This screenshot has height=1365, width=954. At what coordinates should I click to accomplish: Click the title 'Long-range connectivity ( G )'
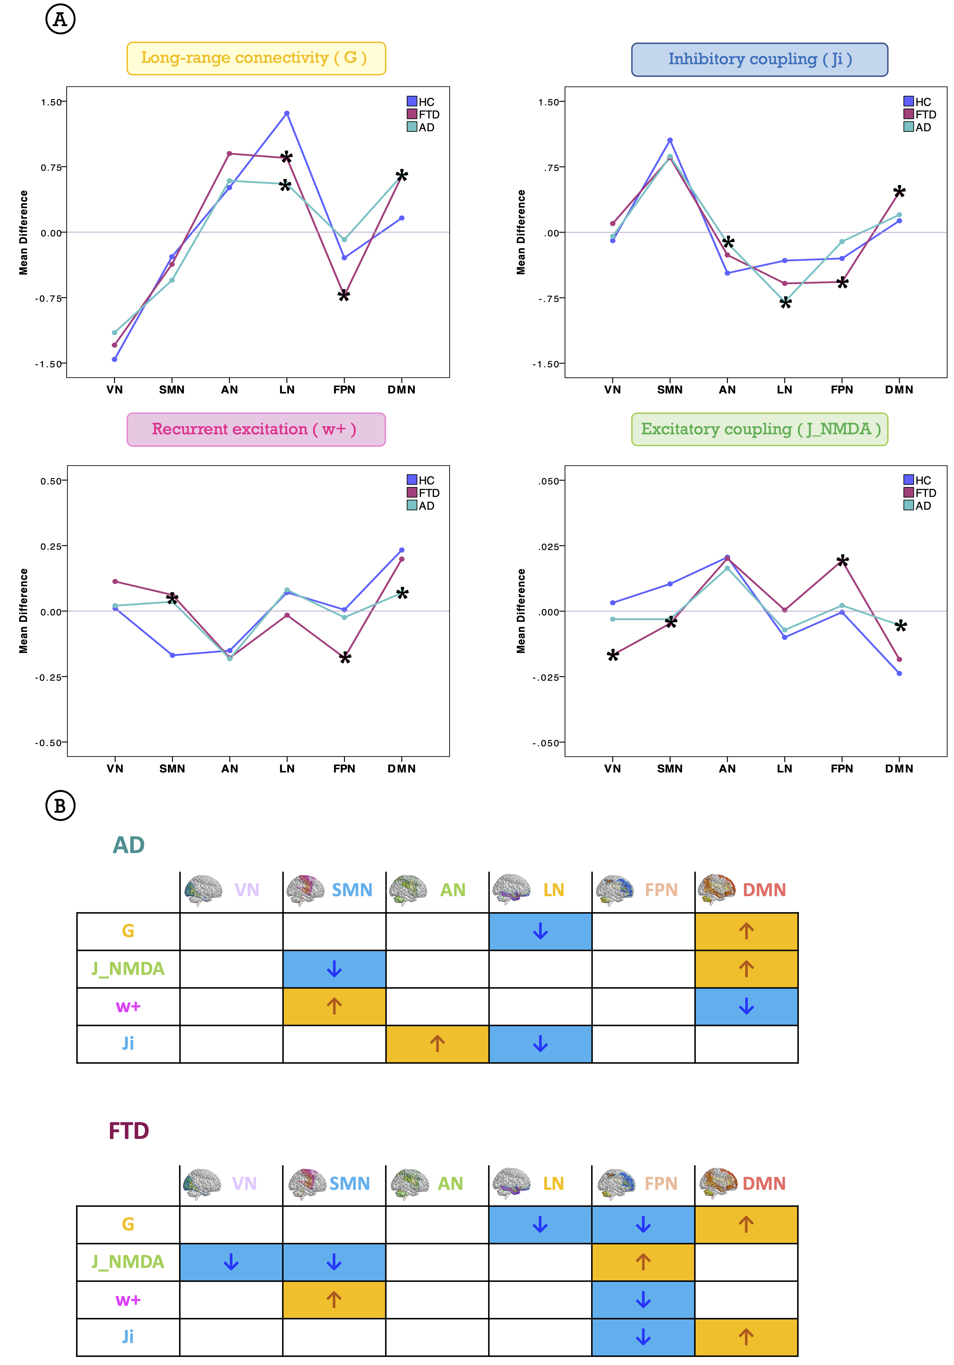pyautogui.click(x=256, y=58)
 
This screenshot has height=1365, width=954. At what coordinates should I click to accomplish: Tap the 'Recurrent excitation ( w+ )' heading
pyautogui.click(x=256, y=429)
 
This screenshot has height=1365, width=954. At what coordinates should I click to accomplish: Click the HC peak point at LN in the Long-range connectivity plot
pyautogui.click(x=287, y=113)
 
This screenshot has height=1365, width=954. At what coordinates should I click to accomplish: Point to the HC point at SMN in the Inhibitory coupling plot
pyautogui.click(x=670, y=140)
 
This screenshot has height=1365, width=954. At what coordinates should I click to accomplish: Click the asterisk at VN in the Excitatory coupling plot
pyautogui.click(x=613, y=656)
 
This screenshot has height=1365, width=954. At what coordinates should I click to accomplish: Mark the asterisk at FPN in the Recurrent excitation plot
pyautogui.click(x=345, y=658)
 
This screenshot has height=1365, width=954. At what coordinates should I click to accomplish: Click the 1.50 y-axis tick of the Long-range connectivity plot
pyautogui.click(x=51, y=102)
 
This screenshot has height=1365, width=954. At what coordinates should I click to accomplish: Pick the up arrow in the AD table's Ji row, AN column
pyautogui.click(x=437, y=1043)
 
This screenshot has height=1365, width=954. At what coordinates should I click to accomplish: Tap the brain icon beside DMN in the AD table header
pyautogui.click(x=717, y=890)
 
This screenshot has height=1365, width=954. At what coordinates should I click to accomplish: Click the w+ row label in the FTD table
pyautogui.click(x=128, y=1300)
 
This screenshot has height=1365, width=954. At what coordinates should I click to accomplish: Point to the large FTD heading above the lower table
pyautogui.click(x=128, y=1130)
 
